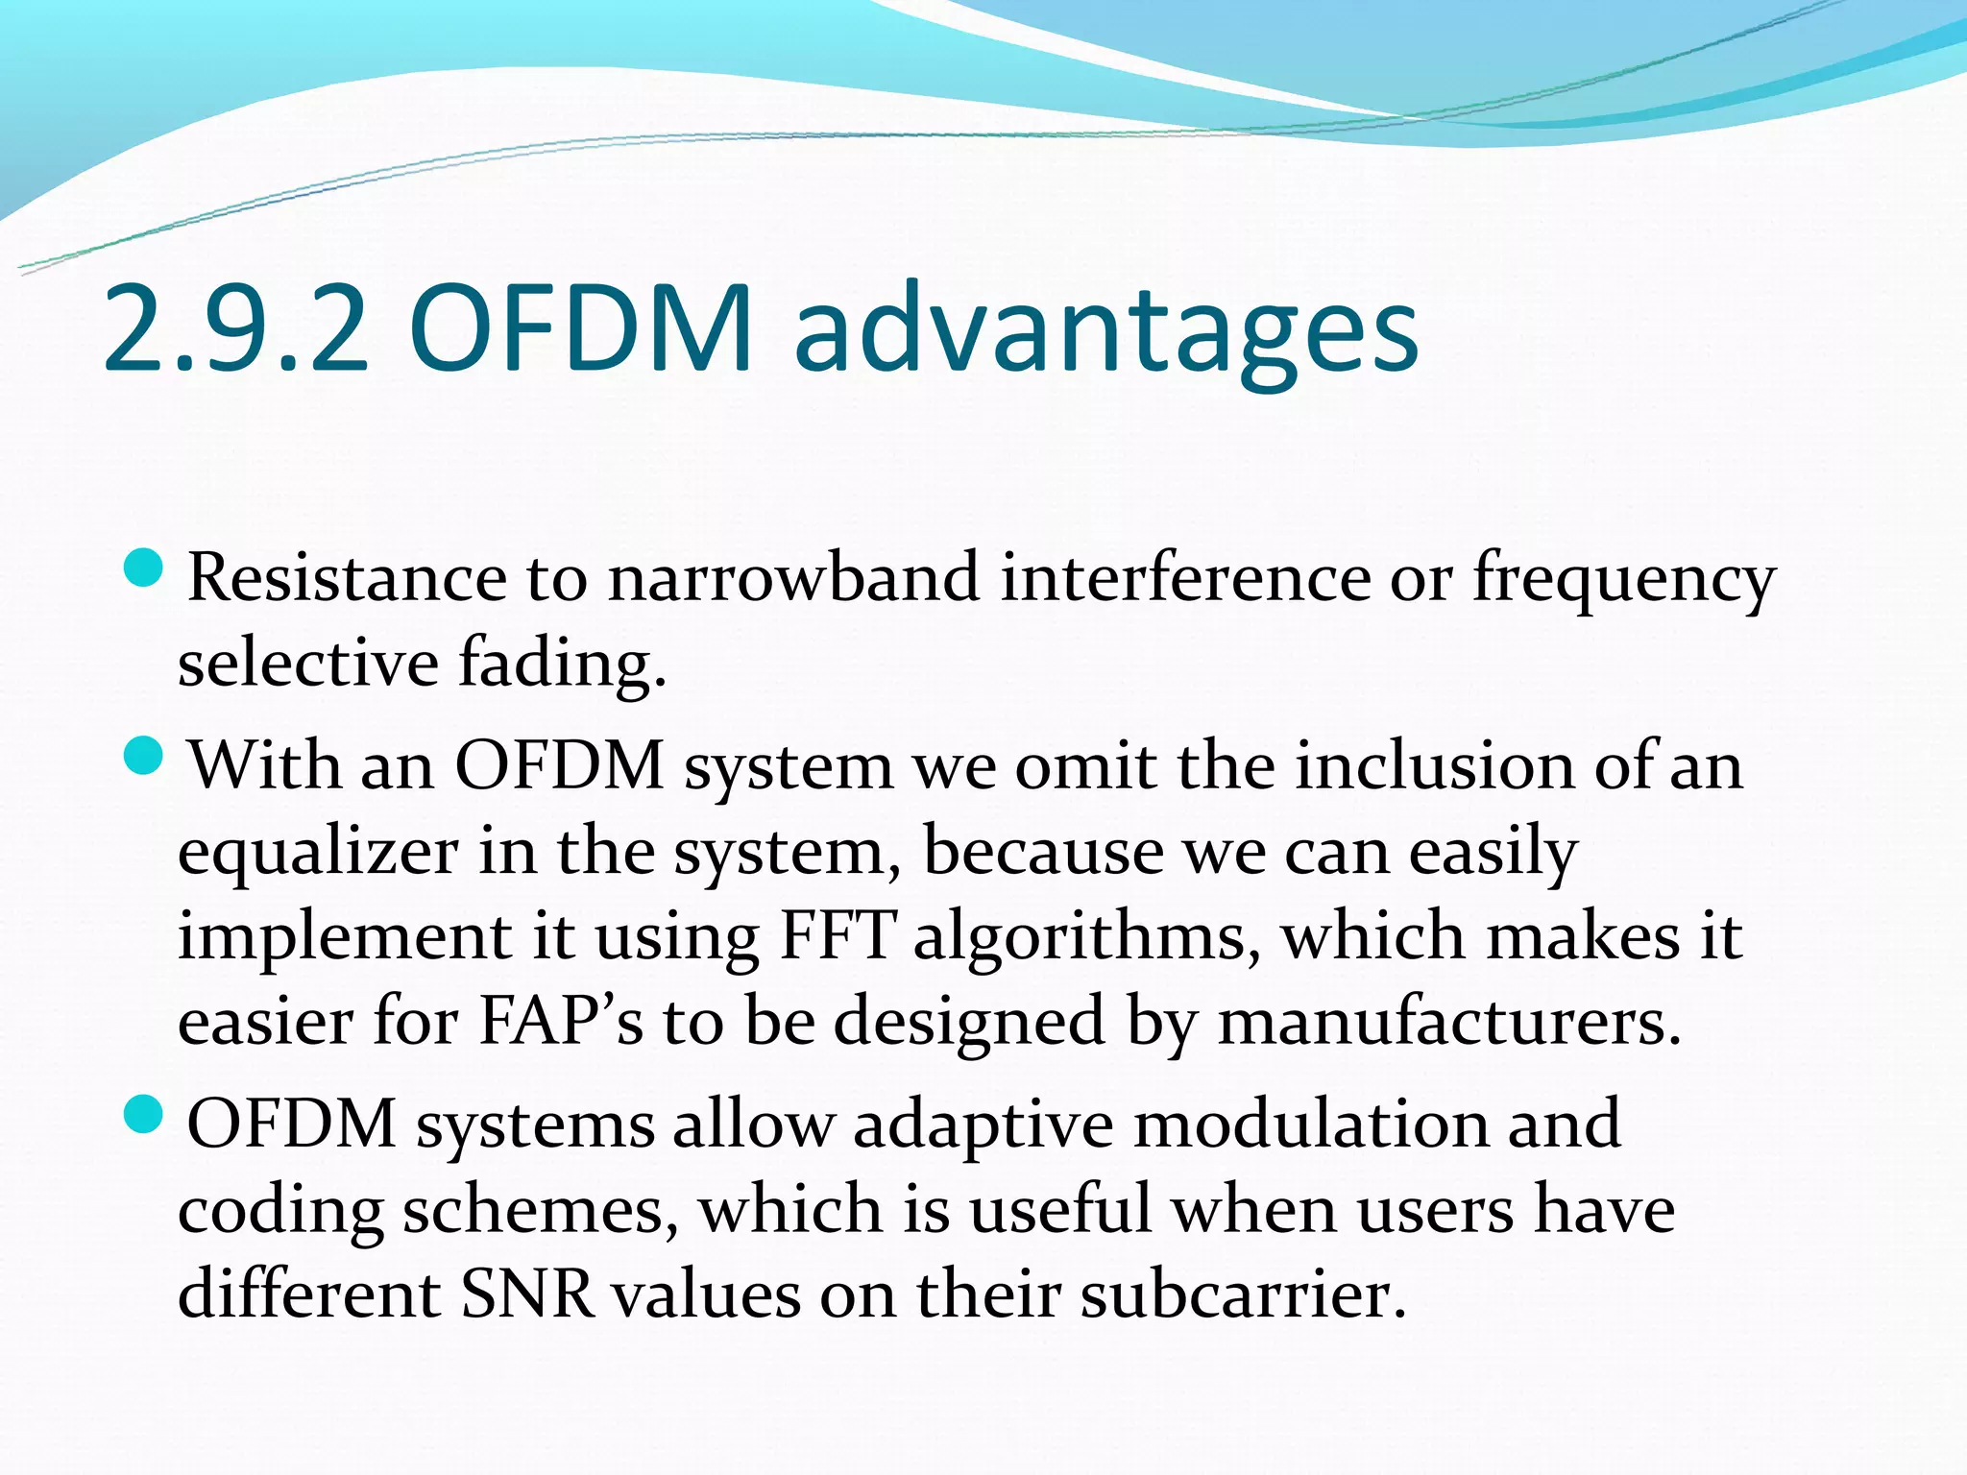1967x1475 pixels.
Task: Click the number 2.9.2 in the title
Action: pyautogui.click(x=235, y=328)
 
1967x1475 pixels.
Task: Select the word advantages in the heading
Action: pyautogui.click(x=1105, y=331)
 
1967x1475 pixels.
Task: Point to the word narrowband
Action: pyautogui.click(x=793, y=579)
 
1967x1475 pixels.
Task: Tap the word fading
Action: pyautogui.click(x=562, y=664)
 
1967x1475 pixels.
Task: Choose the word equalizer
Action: pyautogui.click(x=318, y=853)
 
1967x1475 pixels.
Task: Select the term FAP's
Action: pyautogui.click(x=560, y=1021)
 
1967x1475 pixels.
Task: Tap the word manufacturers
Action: pyautogui.click(x=1449, y=1021)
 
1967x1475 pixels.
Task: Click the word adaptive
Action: pyautogui.click(x=983, y=1126)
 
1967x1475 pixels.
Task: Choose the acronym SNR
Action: pyautogui.click(x=527, y=1295)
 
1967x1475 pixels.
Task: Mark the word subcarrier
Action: pyautogui.click(x=1243, y=1295)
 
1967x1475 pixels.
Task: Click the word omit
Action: pyautogui.click(x=1085, y=767)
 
